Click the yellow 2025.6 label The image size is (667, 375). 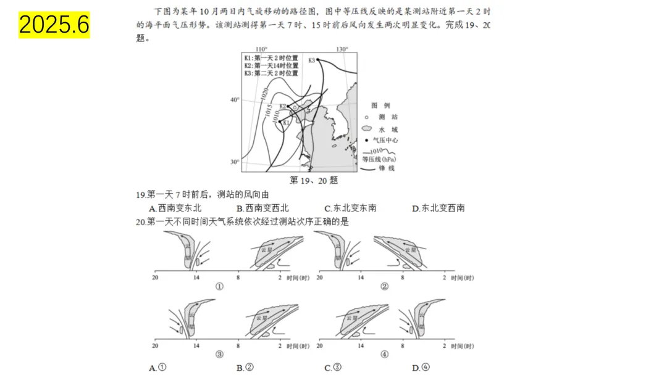tap(54, 25)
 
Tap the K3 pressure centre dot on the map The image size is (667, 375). tap(318, 59)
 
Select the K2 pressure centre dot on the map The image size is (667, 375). tap(288, 105)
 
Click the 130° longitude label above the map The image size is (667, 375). tap(342, 49)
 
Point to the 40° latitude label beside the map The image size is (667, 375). tap(234, 99)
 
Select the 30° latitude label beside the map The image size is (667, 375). tap(234, 162)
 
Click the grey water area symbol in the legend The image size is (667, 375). tap(366, 129)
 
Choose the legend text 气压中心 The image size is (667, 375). tap(385, 141)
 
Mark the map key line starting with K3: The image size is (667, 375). tap(271, 72)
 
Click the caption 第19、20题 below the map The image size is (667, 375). tap(314, 180)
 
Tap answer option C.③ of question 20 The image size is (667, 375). tap(333, 368)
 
